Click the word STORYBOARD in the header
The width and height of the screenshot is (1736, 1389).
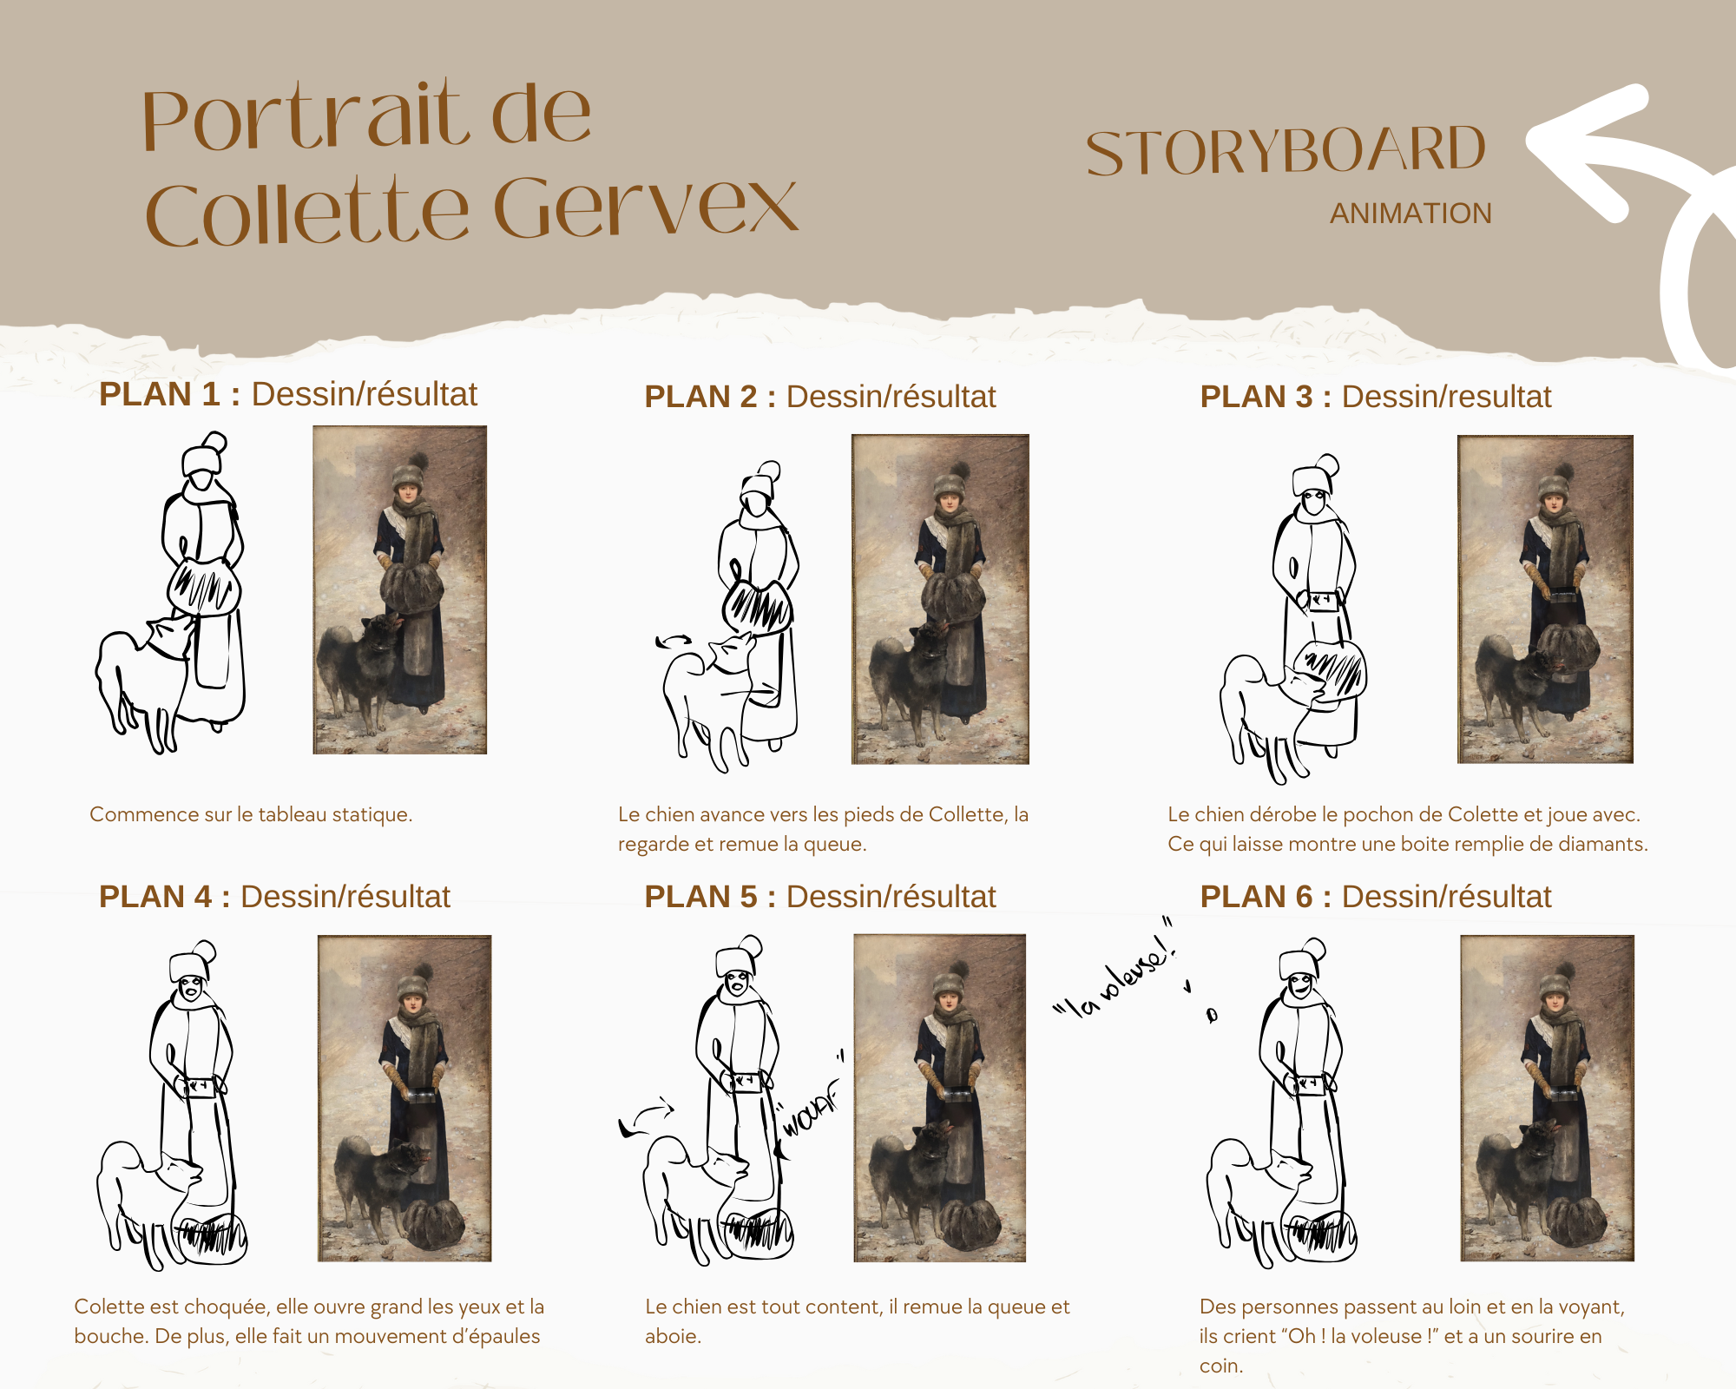[x=1286, y=151]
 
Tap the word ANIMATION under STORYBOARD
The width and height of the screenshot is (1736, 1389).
[x=1410, y=214]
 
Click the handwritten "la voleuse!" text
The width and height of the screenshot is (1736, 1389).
[x=1115, y=972]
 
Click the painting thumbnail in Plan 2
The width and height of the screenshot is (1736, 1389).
[x=940, y=599]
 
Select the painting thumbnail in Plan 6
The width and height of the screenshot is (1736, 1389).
[x=1548, y=1098]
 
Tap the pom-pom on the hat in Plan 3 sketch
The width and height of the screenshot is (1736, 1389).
[x=1326, y=464]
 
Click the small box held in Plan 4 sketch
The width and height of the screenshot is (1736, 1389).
[x=201, y=1087]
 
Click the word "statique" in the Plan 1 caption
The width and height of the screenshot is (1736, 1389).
[x=372, y=814]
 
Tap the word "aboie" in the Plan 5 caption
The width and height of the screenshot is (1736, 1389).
[x=672, y=1336]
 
